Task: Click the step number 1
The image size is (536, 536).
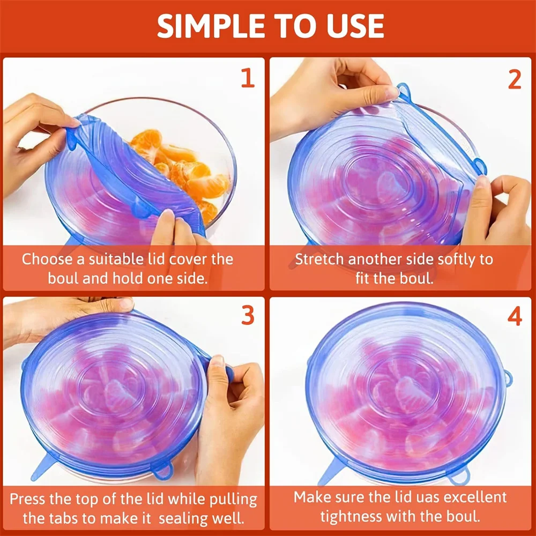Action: pos(247,78)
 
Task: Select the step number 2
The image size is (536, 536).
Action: pos(514,79)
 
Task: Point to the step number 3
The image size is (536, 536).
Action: pos(247,316)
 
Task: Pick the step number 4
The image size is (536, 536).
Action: pos(514,316)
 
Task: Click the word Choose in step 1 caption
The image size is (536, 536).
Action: pos(47,259)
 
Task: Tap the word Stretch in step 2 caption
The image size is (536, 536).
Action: pos(319,259)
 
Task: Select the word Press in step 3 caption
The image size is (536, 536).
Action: pos(26,499)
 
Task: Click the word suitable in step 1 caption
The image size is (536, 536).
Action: pos(107,259)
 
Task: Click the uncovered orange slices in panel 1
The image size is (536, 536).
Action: pos(185,172)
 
